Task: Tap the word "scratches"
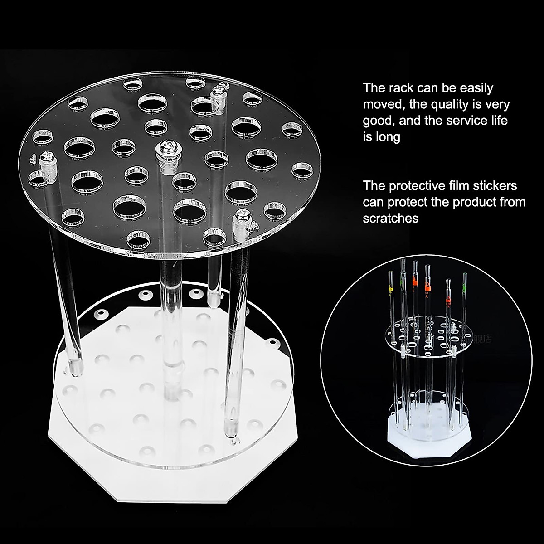click(x=391, y=219)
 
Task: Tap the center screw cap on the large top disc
click(x=164, y=150)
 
